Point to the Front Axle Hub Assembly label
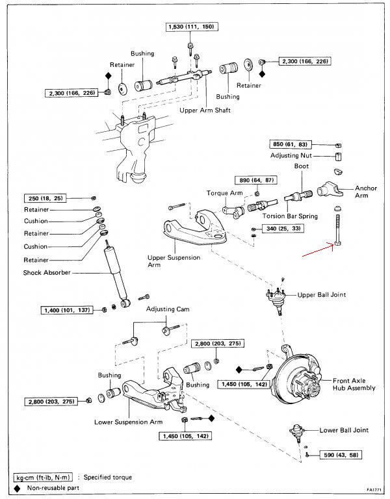click(x=354, y=383)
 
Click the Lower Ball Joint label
click(x=344, y=430)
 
